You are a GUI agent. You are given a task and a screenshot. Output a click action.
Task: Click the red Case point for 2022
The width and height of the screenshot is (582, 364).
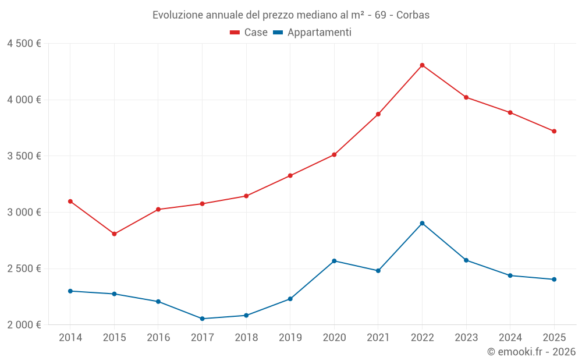click(422, 65)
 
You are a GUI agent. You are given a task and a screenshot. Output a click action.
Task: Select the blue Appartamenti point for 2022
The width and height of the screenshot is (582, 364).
click(422, 223)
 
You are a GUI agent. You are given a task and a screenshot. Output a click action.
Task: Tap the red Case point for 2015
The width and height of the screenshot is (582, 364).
click(114, 234)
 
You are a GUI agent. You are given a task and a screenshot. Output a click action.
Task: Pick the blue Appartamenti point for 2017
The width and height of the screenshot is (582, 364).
click(202, 319)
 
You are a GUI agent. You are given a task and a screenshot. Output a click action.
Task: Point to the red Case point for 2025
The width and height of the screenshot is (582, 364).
click(554, 132)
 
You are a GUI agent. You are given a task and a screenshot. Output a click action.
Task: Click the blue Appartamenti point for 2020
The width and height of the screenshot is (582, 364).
click(334, 261)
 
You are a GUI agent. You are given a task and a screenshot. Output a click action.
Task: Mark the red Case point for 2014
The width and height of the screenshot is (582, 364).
click(70, 202)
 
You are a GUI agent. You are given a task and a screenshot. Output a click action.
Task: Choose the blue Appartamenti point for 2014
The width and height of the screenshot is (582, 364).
click(70, 291)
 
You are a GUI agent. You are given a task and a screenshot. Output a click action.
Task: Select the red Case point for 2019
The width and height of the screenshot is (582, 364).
click(290, 176)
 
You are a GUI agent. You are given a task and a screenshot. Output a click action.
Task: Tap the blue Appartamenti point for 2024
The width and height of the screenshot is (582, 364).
click(510, 275)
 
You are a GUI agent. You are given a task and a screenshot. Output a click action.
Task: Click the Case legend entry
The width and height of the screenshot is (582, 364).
click(249, 33)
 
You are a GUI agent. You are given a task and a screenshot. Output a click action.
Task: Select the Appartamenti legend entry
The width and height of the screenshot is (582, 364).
click(313, 33)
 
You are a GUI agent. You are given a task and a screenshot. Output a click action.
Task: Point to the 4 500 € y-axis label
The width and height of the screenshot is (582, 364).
click(24, 44)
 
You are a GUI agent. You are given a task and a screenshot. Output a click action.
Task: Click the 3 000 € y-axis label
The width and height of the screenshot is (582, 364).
click(24, 213)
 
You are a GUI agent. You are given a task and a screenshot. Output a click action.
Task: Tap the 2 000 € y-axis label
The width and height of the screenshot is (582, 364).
click(24, 325)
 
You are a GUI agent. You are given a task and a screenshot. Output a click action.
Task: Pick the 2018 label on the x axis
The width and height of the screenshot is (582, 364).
click(246, 338)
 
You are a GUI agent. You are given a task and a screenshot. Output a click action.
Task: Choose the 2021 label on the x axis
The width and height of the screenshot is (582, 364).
click(378, 338)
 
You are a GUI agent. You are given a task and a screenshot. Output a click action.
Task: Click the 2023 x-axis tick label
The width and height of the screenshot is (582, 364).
click(466, 338)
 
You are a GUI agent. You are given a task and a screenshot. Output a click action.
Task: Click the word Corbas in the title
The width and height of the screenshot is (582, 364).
click(413, 15)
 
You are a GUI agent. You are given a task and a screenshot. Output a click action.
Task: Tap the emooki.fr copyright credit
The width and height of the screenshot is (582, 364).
click(531, 352)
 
